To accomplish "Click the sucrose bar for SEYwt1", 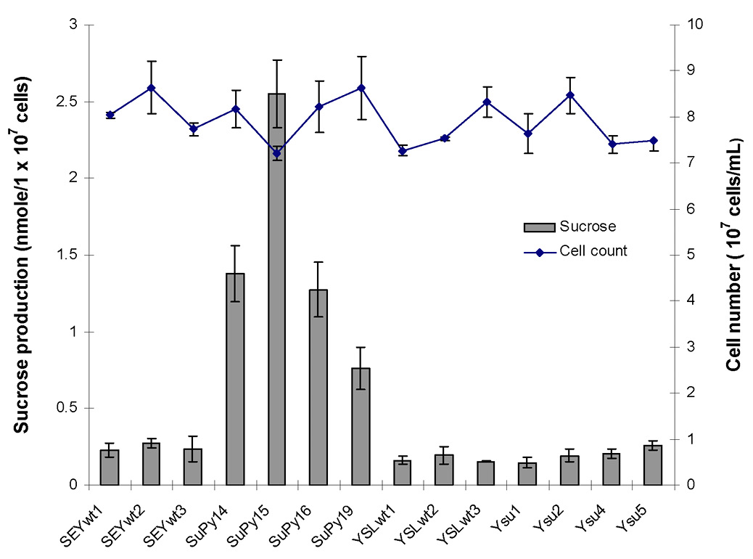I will pos(110,468).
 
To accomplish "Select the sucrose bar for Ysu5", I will pos(653,465).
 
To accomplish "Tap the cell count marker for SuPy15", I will pos(276,153).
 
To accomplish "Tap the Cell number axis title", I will pos(733,254).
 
